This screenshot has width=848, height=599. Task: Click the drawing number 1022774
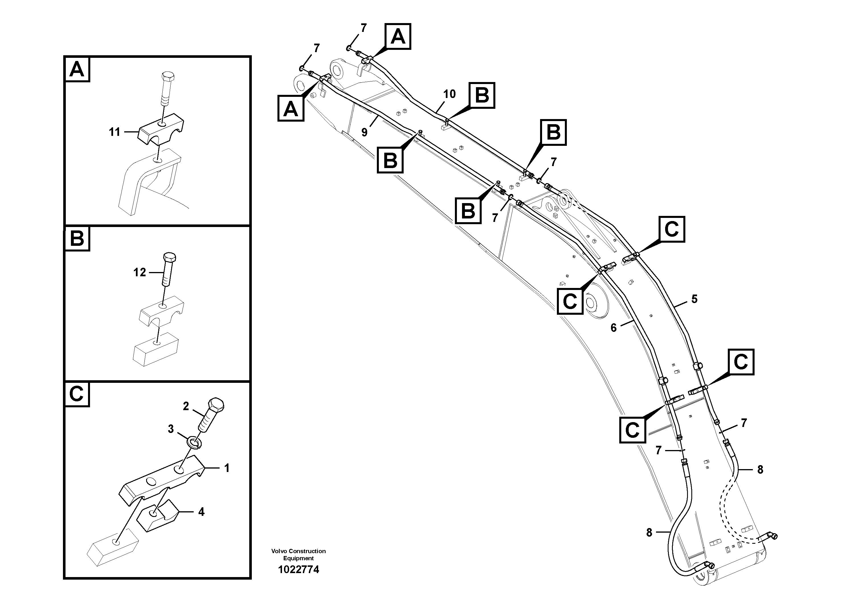coord(299,569)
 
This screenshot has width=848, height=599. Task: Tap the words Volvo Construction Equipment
coord(299,555)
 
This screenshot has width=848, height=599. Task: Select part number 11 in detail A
coord(115,132)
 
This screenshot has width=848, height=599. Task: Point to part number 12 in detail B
coord(140,273)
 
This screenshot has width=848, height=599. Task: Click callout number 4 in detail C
coord(201,512)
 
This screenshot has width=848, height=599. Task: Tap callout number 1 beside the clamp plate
coord(227,468)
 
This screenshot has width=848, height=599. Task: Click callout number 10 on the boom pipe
coord(449,94)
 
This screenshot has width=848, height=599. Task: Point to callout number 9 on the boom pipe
coord(364,132)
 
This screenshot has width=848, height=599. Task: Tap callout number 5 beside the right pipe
coord(694,299)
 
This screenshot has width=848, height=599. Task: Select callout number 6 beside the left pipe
coord(614,328)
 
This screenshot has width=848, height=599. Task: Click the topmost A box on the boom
coord(398,36)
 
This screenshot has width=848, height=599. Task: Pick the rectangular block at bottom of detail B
coord(156,349)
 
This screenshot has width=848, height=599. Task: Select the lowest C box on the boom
coord(632,430)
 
